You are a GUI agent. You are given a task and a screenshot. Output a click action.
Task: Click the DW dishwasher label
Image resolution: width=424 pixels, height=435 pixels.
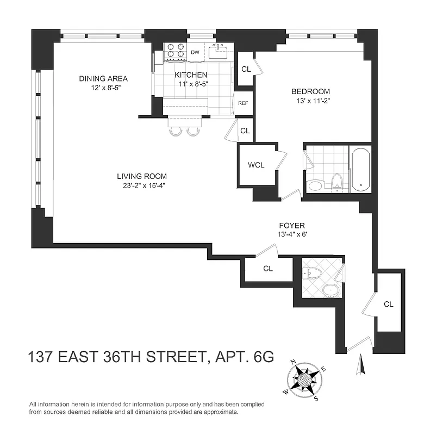[x=195, y=53]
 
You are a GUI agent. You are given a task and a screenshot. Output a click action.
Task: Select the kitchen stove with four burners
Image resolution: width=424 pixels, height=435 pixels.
[x=175, y=51]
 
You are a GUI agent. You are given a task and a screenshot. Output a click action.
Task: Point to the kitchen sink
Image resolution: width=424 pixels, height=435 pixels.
[x=221, y=52]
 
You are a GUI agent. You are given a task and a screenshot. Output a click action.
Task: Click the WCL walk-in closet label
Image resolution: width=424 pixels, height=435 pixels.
[x=256, y=165]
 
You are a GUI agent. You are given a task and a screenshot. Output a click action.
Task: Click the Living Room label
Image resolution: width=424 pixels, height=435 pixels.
[x=142, y=176]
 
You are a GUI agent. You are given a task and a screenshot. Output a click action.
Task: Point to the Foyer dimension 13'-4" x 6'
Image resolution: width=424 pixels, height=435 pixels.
[x=292, y=235]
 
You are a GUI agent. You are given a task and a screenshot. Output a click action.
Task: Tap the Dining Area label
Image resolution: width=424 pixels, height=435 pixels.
[x=103, y=78]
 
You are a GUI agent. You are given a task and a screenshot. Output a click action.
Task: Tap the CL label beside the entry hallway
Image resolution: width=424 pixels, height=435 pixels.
[x=388, y=304]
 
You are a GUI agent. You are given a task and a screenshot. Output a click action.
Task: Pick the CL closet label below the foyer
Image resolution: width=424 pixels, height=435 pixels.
[x=268, y=269]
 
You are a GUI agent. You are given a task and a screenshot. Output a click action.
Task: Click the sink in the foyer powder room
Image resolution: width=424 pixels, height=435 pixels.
[x=329, y=290]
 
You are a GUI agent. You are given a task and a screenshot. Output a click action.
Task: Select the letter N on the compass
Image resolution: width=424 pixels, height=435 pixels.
[x=292, y=362]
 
